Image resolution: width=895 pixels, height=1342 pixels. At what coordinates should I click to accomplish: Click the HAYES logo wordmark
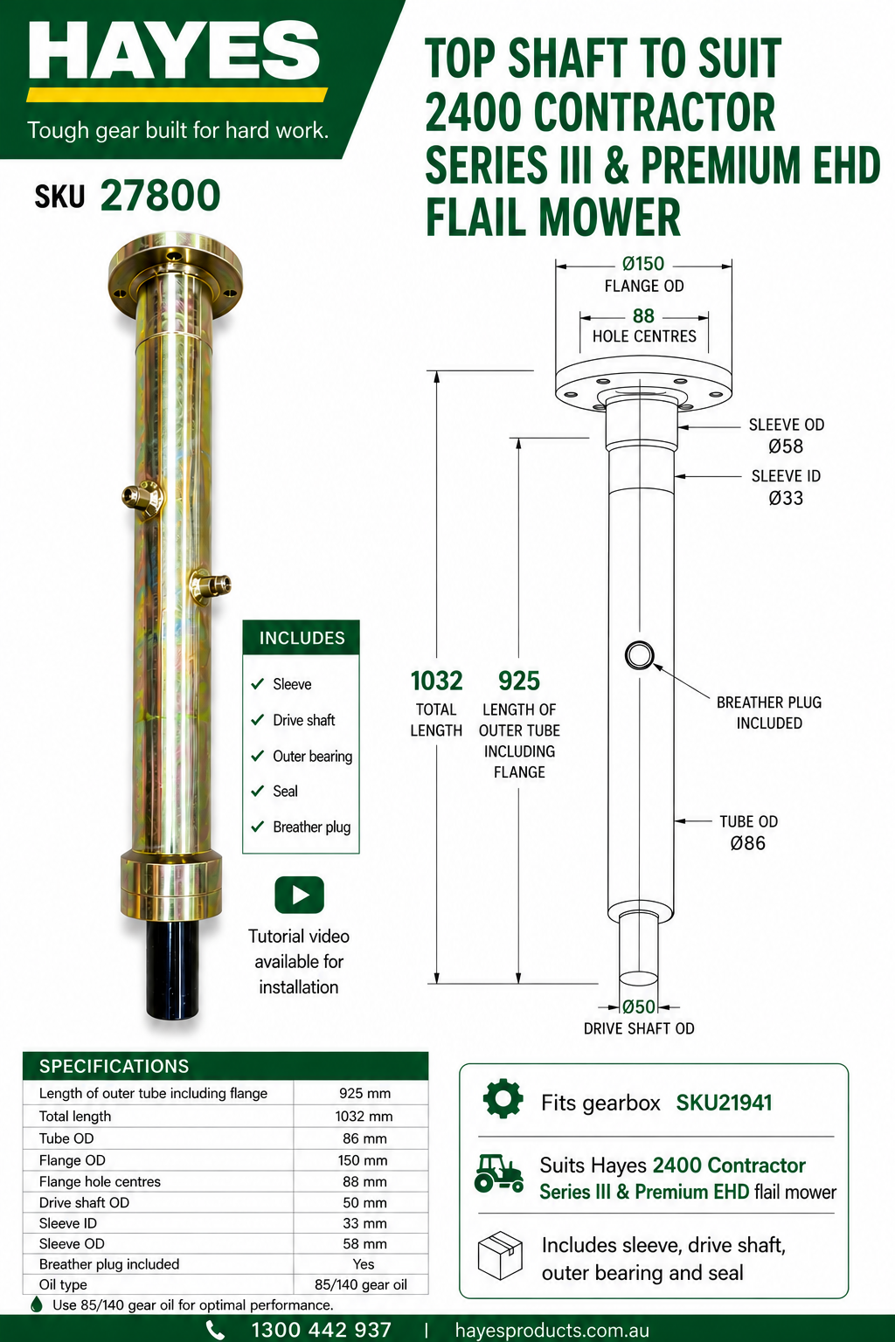point(174,51)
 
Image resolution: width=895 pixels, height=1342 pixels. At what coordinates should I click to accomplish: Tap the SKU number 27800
point(160,196)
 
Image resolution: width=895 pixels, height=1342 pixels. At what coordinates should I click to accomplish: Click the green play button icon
point(299,895)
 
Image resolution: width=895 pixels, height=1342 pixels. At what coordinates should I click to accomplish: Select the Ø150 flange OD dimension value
point(643,264)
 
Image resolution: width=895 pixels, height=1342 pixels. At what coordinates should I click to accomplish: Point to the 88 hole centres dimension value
point(643,315)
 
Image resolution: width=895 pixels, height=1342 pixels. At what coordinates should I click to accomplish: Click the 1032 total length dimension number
point(436,681)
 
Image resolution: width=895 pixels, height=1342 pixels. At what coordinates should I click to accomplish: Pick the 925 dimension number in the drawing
point(519,681)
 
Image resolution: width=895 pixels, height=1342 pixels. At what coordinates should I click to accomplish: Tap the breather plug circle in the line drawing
point(640,654)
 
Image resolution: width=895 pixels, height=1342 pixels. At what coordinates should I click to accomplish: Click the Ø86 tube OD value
point(748,843)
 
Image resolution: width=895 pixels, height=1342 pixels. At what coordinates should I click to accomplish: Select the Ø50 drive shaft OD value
point(639,1006)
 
